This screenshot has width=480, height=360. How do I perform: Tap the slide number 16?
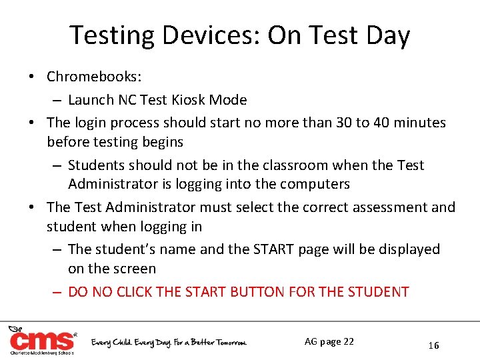click(x=433, y=345)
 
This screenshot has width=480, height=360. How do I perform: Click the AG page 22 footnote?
click(x=329, y=341)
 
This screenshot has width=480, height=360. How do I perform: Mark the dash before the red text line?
click(x=57, y=292)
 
